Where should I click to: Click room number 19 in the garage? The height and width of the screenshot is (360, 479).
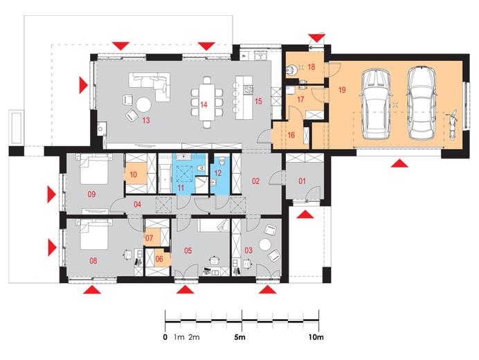pos(342,90)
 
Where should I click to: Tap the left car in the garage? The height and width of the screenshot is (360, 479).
pos(375,104)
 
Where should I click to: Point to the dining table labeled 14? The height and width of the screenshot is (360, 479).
pos(207,102)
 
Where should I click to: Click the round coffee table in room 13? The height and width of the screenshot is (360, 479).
pos(143,105)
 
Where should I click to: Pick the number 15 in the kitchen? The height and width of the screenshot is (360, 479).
pos(258,101)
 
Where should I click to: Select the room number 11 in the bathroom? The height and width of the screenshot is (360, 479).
pos(181,187)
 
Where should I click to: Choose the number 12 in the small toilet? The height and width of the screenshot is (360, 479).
pos(218,173)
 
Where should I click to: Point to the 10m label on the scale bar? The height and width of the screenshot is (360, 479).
pos(316,337)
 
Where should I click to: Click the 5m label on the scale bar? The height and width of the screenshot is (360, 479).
pos(240,337)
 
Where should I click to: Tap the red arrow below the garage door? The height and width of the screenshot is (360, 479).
pos(400,163)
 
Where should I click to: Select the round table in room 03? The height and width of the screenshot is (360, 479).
pos(265,245)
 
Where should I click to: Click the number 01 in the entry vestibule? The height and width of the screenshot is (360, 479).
pos(302,181)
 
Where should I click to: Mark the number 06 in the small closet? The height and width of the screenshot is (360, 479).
pos(159,259)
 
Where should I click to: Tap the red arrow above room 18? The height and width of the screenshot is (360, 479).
pos(316,38)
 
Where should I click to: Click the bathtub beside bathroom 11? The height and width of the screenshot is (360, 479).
pos(164,174)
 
